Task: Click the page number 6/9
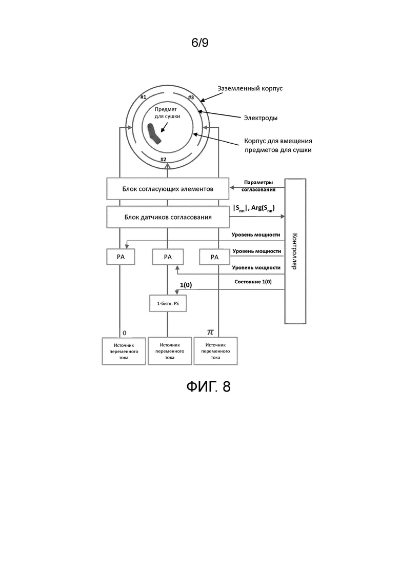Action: tap(200, 43)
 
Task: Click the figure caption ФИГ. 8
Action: tap(209, 386)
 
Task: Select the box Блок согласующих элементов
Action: tap(168, 189)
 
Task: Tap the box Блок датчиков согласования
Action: tap(168, 217)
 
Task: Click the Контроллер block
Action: tap(295, 251)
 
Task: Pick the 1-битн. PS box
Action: tap(168, 304)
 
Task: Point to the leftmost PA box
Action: tap(121, 257)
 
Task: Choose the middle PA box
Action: tap(168, 257)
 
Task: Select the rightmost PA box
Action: tap(214, 257)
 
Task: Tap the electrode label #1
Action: tap(143, 97)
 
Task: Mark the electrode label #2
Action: tap(164, 159)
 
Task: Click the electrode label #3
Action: tap(191, 97)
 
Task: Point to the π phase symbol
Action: tap(210, 331)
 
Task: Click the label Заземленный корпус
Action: tap(250, 88)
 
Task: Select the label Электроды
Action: tap(261, 118)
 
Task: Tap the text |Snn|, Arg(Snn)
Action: tap(254, 208)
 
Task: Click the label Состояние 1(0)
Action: tap(253, 282)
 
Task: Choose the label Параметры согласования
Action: tap(258, 186)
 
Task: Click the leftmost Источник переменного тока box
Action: tap(124, 351)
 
